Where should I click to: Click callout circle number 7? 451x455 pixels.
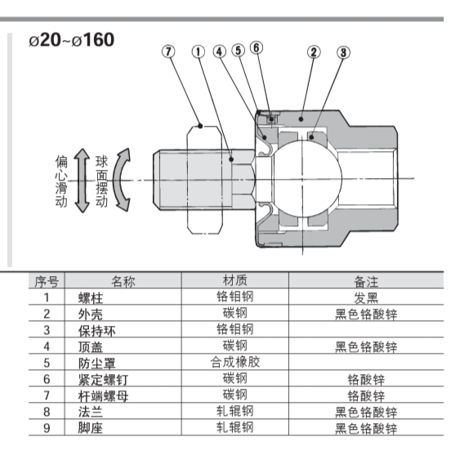[168, 51]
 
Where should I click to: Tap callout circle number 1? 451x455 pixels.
[199, 52]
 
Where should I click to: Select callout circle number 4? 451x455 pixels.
[220, 51]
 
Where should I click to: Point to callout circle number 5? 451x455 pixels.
[238, 51]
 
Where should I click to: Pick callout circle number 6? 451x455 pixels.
[257, 47]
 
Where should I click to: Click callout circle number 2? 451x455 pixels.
[314, 52]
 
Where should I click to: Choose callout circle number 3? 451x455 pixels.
[343, 52]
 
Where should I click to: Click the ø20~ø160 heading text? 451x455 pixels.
[72, 40]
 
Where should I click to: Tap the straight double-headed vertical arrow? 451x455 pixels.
[83, 181]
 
